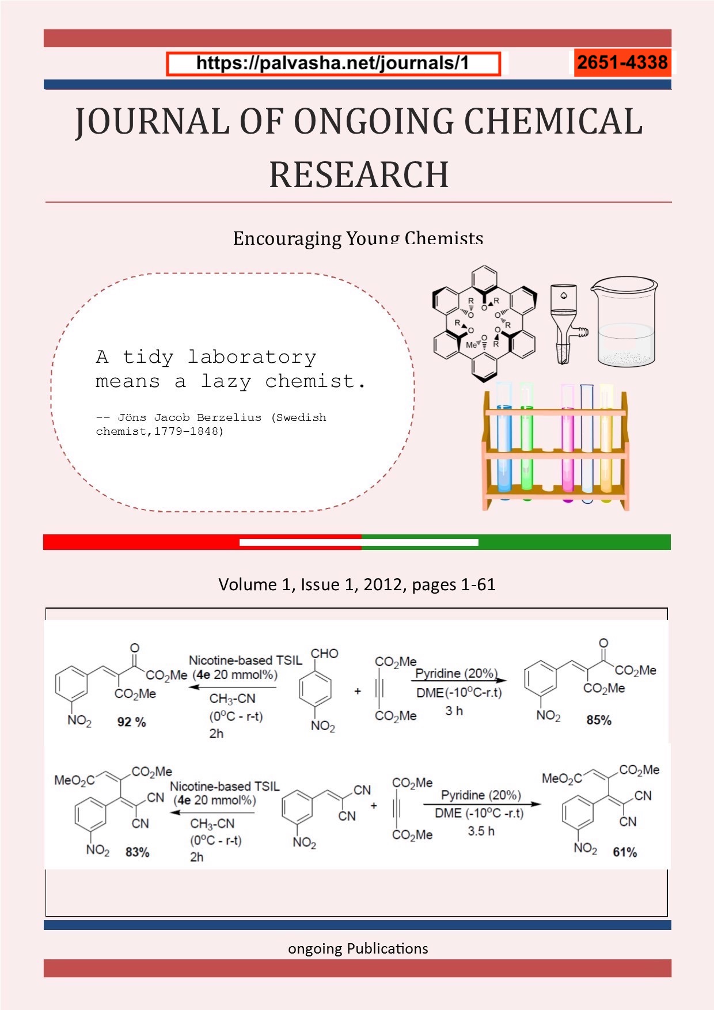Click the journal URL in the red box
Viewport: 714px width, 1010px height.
(333, 63)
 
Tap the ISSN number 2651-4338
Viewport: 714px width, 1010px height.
(622, 62)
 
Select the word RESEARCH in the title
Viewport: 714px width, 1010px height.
(359, 174)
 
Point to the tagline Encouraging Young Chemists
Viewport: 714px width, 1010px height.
(358, 238)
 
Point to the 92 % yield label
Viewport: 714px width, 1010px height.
(132, 722)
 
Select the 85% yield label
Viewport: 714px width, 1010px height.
(599, 720)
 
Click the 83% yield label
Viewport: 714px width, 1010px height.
(138, 852)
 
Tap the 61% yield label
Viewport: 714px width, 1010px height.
(625, 852)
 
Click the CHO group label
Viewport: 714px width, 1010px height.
(325, 654)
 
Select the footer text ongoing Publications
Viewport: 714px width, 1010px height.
(358, 948)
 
